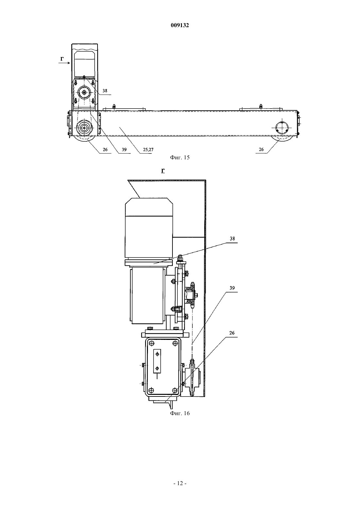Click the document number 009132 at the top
180,25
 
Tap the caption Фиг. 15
180,157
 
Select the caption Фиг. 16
180,413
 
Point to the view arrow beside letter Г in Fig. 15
64,63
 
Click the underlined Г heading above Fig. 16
163,171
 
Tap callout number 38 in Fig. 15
105,91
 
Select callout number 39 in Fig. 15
124,149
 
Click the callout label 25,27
148,149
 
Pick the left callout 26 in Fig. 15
105,149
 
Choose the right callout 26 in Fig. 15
261,149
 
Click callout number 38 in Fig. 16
232,238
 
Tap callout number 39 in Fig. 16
232,288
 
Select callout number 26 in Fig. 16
232,333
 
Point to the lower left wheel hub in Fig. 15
84,128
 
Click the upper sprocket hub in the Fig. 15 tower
84,92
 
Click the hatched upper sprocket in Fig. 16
191,295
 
